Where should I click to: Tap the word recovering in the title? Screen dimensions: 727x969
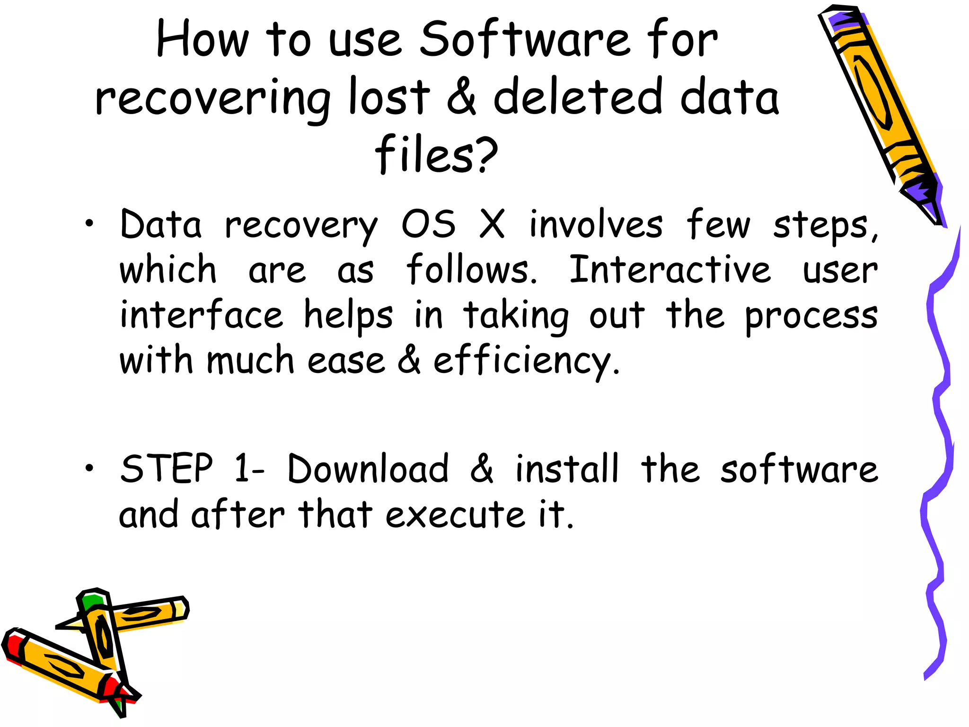(213, 98)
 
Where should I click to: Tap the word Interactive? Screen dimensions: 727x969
(669, 269)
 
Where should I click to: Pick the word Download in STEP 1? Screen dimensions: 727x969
(368, 469)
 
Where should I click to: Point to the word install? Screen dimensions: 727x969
(567, 469)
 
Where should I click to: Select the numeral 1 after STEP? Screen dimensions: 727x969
(242, 469)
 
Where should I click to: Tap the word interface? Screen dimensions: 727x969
(202, 315)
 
